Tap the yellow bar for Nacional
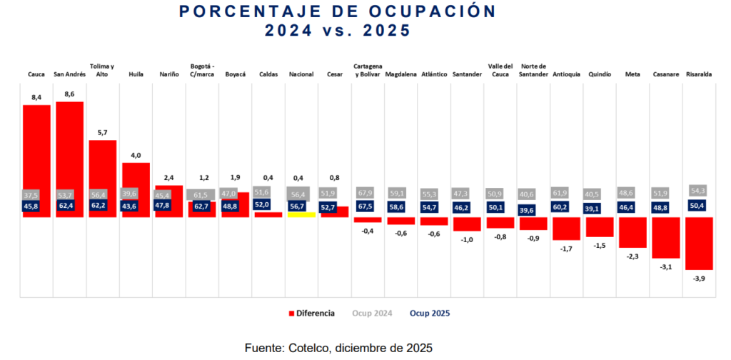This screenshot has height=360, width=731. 301,214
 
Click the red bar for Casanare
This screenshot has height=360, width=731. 666,237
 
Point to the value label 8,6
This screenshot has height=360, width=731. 69,94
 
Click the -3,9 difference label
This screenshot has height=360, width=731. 700,279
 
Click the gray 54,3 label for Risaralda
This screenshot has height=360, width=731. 699,190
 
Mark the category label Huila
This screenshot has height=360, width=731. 136,74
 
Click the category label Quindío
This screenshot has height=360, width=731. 600,74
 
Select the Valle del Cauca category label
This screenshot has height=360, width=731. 500,70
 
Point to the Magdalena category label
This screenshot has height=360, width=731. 400,74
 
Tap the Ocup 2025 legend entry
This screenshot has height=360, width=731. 430,313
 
